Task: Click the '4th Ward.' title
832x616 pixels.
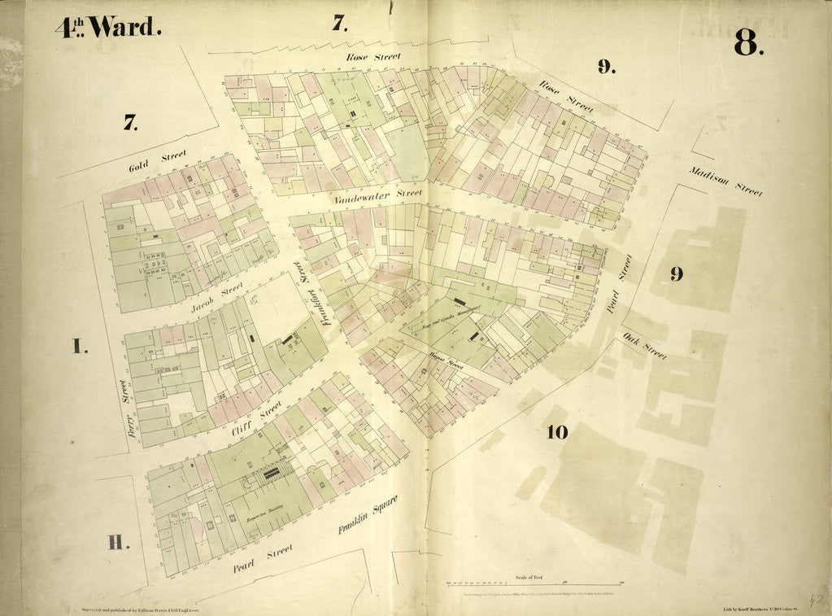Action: coord(108,27)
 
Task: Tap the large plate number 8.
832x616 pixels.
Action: coord(747,42)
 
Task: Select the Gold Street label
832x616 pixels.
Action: coord(158,159)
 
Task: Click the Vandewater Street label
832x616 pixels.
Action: coord(377,195)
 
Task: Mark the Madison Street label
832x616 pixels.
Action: coord(725,181)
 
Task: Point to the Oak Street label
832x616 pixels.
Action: coord(644,345)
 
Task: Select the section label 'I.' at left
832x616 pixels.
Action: coord(78,347)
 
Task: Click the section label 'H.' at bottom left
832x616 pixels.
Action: coord(119,543)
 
